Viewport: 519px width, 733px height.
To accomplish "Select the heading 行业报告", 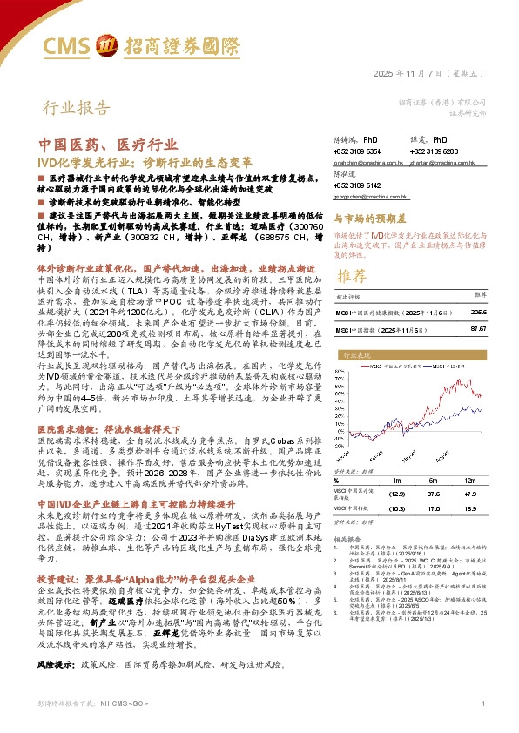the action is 78,109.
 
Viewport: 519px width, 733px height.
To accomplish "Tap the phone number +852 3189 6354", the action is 358,151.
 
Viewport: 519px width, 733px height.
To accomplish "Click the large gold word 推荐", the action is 352,276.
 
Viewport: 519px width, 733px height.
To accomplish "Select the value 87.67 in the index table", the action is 478,331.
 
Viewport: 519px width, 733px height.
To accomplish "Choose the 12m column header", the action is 471,481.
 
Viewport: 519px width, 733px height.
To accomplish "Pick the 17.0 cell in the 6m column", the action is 434,508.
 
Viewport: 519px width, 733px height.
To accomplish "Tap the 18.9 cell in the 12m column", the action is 471,508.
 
